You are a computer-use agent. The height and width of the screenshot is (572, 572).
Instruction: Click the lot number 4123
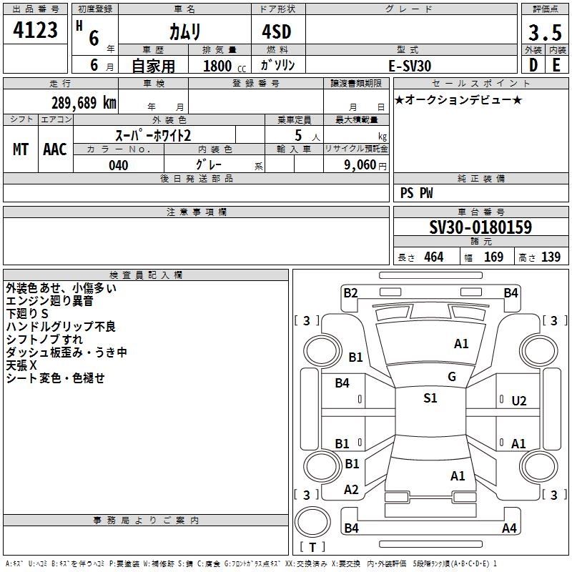pos(36,31)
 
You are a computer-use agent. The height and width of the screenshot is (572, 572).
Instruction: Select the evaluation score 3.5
pos(545,34)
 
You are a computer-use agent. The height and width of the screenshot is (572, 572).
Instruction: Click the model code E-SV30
pos(410,65)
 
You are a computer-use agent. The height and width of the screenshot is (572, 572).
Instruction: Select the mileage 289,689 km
pos(84,103)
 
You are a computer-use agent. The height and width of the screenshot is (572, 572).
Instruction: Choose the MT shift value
pos(21,149)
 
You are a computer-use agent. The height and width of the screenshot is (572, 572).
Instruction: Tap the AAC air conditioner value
pos(55,149)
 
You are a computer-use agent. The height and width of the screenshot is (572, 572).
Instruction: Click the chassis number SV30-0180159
pos(480,227)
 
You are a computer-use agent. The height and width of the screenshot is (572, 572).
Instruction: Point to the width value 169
pos(493,257)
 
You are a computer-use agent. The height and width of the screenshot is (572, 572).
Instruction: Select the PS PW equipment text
pos(416,193)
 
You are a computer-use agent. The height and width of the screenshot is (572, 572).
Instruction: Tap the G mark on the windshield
pos(452,377)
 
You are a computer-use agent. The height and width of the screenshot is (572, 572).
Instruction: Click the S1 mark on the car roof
pos(430,398)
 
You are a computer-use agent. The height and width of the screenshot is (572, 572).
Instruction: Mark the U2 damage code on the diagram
pos(519,401)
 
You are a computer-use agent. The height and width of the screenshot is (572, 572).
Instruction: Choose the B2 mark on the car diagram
pos(350,292)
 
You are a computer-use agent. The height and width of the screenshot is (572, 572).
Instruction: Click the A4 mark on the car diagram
pos(509,528)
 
